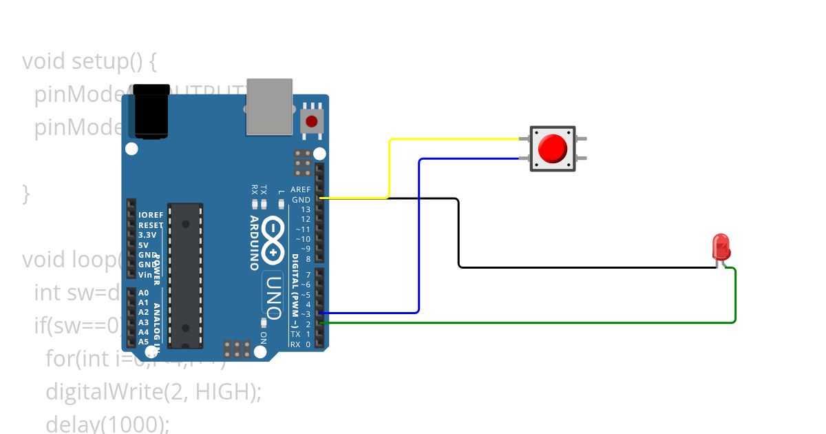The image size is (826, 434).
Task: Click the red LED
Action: click(721, 247)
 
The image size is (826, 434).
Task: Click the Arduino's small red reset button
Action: click(311, 122)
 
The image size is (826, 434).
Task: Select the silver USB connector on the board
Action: click(269, 106)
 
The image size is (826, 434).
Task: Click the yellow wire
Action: click(390, 165)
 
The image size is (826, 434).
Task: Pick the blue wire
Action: click(419, 234)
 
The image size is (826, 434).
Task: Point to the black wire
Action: click(458, 234)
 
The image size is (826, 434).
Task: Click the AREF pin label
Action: click(301, 189)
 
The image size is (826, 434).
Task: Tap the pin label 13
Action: click(305, 209)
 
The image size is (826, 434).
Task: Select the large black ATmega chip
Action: click(185, 276)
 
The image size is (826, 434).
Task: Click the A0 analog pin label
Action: click(143, 293)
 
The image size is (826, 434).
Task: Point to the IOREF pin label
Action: click(151, 215)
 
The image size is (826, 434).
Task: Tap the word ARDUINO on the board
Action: click(254, 242)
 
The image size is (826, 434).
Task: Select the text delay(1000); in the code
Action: click(107, 424)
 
